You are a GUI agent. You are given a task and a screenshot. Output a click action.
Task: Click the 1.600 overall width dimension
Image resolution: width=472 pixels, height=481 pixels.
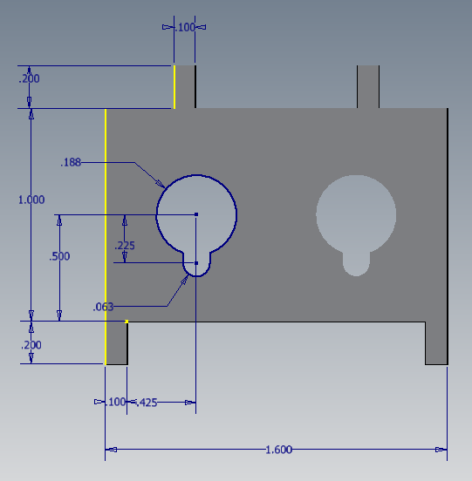pos(278,450)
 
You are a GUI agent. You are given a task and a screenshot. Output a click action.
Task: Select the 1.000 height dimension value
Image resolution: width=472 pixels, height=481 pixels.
pos(31,200)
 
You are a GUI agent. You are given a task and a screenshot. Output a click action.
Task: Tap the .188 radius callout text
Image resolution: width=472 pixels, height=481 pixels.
pos(71,163)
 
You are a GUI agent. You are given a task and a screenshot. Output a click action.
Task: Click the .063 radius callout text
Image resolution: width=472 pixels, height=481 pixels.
pos(103,306)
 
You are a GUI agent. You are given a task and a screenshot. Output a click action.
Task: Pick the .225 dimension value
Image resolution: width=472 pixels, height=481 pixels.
pos(125,246)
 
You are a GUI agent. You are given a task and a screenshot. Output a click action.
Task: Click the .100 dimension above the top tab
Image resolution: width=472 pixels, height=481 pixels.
pos(185,27)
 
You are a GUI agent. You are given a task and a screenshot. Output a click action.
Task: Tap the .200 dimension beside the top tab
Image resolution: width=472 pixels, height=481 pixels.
pos(29,78)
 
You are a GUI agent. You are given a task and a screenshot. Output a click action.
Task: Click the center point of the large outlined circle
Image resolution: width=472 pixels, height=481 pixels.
pos(196,214)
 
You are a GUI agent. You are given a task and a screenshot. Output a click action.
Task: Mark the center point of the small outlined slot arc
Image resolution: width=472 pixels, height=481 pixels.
pos(196,263)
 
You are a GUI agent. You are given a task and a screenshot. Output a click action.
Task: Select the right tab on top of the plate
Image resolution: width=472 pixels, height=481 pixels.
pos(368,86)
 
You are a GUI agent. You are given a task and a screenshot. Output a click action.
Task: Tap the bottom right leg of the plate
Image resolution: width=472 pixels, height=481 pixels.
pos(436,343)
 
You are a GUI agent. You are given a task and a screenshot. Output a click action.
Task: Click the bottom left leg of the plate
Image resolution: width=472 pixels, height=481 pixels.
pos(116,343)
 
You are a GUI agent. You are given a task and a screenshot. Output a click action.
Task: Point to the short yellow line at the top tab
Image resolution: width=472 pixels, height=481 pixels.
pos(174,86)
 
